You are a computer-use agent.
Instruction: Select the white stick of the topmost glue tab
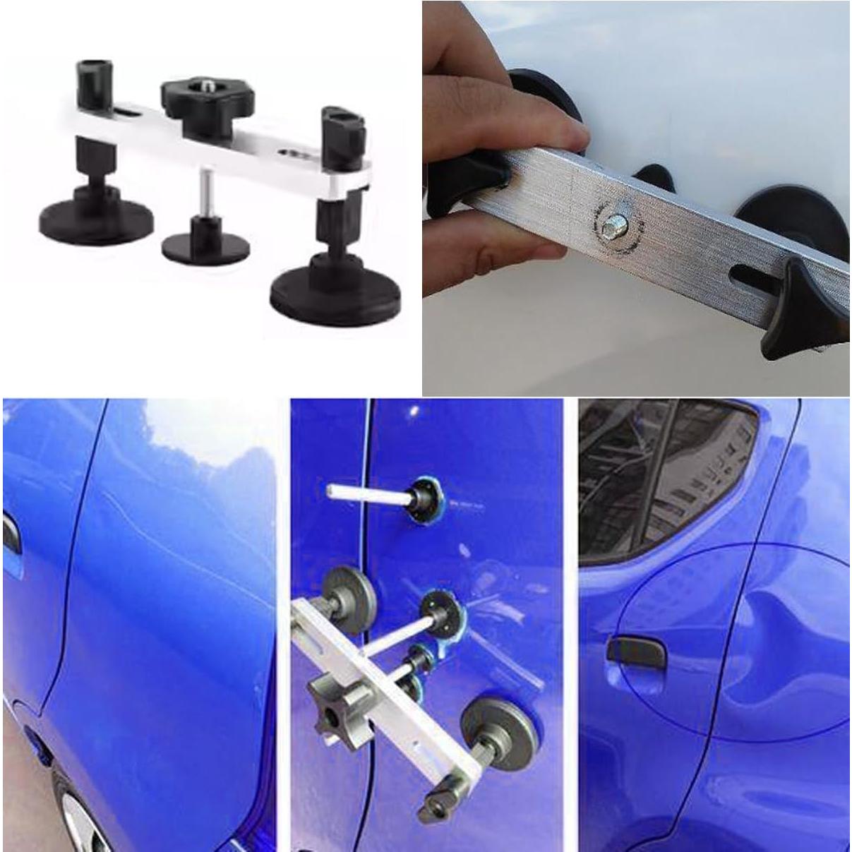(x=364, y=492)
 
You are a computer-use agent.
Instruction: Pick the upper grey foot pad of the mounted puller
(x=347, y=589)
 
